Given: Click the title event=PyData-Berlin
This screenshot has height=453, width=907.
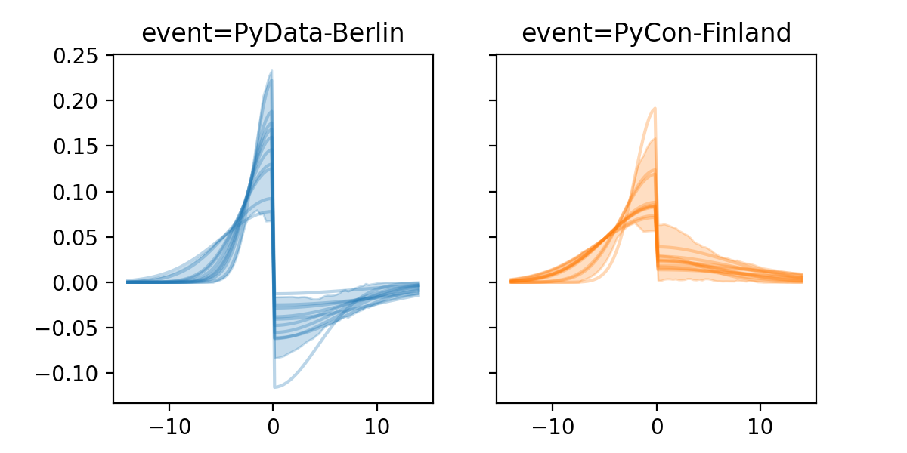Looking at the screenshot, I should pyautogui.click(x=273, y=33).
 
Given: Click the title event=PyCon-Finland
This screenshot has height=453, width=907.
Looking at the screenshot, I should pyautogui.click(x=656, y=33).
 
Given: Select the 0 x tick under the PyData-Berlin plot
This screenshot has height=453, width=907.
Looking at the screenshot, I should pyautogui.click(x=273, y=423).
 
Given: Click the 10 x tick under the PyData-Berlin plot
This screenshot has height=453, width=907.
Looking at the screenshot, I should pyautogui.click(x=377, y=423).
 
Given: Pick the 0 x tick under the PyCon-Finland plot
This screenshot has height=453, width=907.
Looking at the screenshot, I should pyautogui.click(x=657, y=423).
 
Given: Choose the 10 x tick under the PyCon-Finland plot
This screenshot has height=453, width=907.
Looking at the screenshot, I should pyautogui.click(x=760, y=423).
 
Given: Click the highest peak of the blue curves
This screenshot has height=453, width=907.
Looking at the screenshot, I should pyautogui.click(x=271, y=72).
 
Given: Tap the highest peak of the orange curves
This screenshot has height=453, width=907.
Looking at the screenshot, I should pyautogui.click(x=654, y=108).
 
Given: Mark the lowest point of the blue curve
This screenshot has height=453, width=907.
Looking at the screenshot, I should pyautogui.click(x=275, y=387).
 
